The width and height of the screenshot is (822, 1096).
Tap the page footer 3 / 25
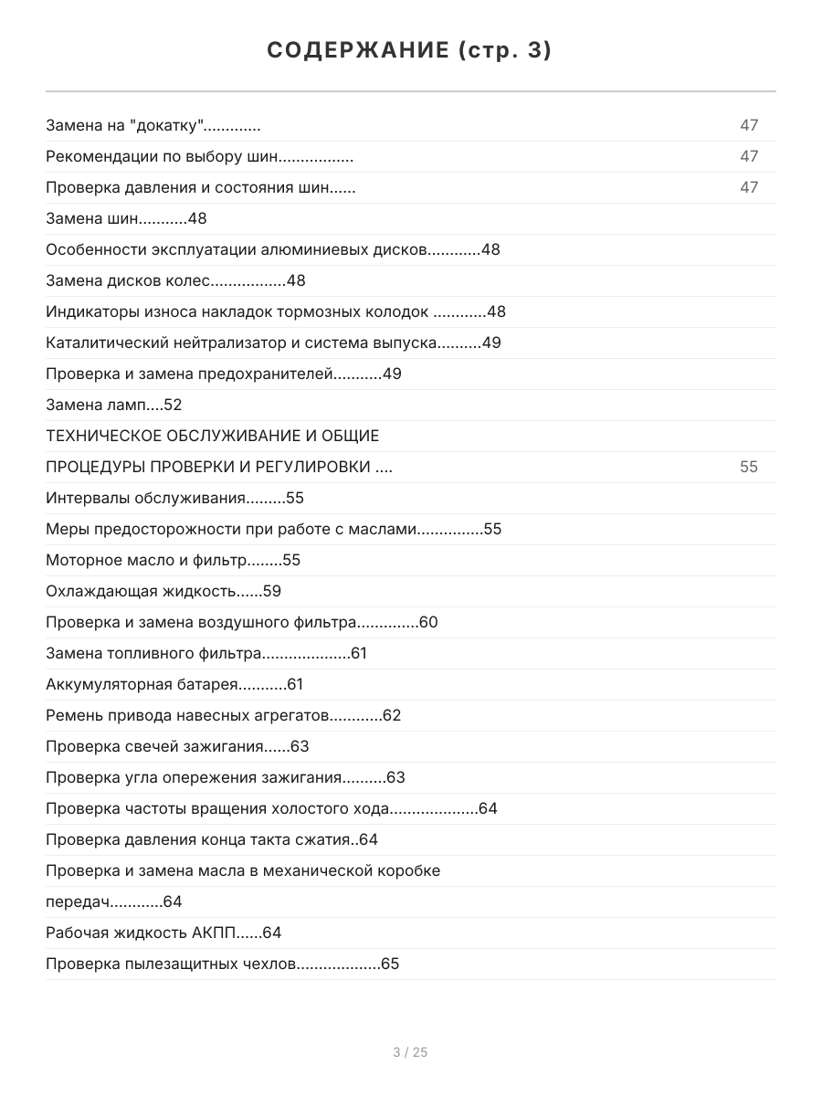410,1052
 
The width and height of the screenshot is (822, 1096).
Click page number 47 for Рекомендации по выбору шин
749,157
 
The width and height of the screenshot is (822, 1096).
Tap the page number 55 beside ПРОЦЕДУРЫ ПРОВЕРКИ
749,468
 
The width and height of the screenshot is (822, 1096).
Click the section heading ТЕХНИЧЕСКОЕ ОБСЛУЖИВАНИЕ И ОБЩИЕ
212,437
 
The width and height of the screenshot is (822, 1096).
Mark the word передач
79,902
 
